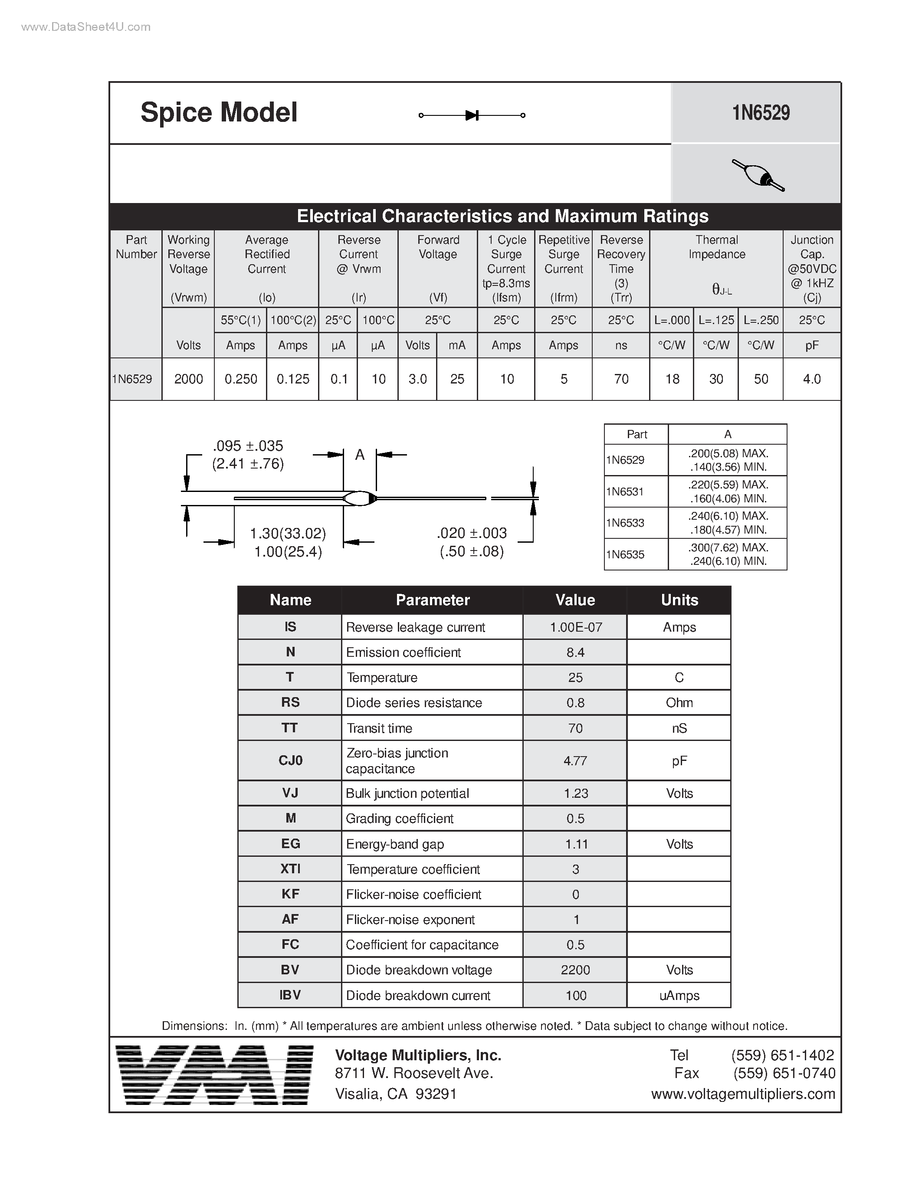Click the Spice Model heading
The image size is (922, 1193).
pos(219,112)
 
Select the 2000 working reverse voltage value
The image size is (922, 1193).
pos(188,379)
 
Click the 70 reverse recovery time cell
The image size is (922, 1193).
pos(621,379)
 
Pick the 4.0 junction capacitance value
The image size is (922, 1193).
pos(812,379)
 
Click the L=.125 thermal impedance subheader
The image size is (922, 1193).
pos(715,320)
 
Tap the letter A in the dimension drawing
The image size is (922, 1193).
pos(359,455)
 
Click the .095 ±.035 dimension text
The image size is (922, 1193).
pos(248,446)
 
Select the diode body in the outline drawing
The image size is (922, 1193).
pos(359,498)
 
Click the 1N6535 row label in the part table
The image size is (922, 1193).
pos(625,554)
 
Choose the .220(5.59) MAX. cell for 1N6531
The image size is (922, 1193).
pos(728,485)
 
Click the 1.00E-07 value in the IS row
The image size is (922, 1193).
pos(575,627)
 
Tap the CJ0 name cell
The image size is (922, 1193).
pos(290,760)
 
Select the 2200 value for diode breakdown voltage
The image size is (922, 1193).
pos(575,970)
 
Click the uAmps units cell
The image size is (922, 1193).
pos(679,995)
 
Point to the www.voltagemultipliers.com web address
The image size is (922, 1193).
pos(743,1094)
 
